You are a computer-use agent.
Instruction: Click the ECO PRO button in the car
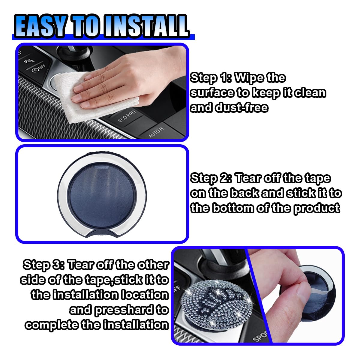127,116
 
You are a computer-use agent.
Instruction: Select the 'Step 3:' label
43,265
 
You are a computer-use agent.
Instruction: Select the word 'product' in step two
317,208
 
